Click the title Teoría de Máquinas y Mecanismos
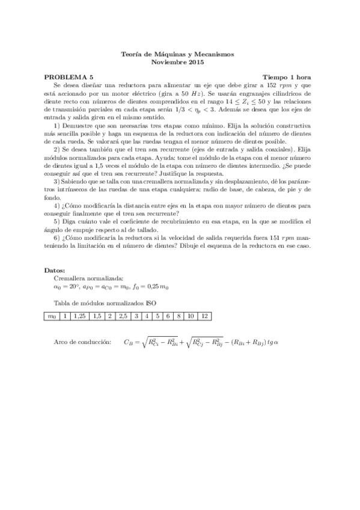pos(179,54)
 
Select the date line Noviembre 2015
pos(179,62)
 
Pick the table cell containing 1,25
pos(79,315)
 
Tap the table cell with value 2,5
pos(123,315)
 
